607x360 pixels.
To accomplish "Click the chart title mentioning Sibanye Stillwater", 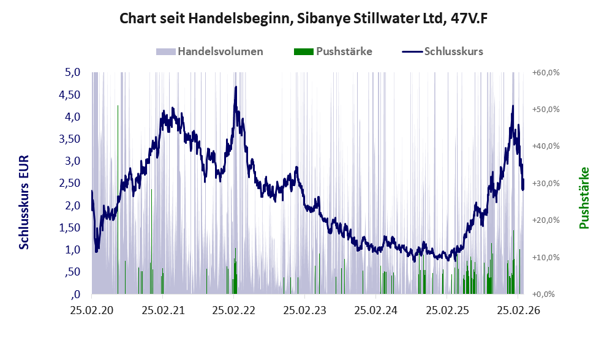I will pos(303,18).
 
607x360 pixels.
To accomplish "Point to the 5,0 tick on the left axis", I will pos(73,72).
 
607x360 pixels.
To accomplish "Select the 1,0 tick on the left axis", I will pos(73,250).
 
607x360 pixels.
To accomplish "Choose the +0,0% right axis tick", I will pos(548,294).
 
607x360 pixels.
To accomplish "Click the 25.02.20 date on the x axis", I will pos(91,310).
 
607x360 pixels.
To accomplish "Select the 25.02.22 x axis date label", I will pos(233,310).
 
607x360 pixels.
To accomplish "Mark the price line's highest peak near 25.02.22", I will pos(236,88).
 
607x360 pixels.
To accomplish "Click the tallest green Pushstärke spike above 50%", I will pos(118,107).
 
